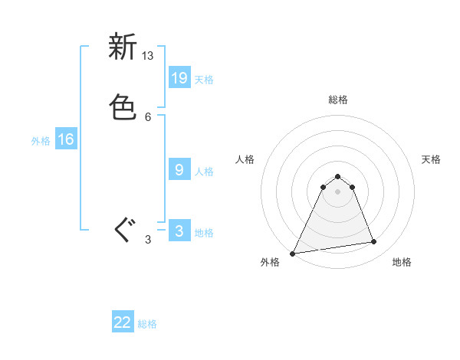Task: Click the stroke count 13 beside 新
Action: (x=148, y=56)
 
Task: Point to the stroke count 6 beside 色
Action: (x=148, y=116)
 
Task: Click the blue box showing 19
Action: (x=179, y=77)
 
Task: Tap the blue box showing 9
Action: (x=179, y=170)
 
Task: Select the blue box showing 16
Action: (x=66, y=139)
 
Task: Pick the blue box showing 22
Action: (x=123, y=322)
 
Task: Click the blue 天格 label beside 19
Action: (x=204, y=80)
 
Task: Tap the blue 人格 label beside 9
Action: (x=204, y=172)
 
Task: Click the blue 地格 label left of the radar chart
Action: (x=204, y=233)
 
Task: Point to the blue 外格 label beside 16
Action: (x=40, y=141)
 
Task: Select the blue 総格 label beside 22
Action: (x=147, y=325)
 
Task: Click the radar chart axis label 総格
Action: (x=338, y=100)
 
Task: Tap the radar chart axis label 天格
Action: (x=431, y=159)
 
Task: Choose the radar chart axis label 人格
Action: (x=245, y=159)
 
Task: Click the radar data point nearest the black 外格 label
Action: (x=293, y=253)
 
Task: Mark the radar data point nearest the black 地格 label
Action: (x=374, y=242)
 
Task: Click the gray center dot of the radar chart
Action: (x=338, y=191)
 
